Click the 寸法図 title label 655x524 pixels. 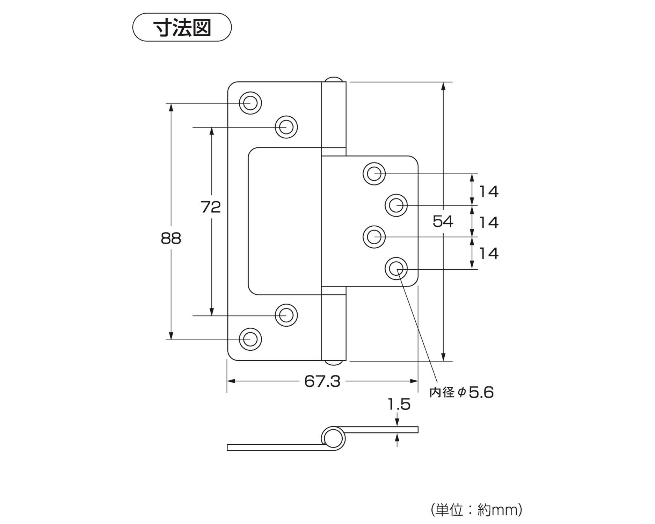click(182, 28)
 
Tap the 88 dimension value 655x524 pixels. click(171, 239)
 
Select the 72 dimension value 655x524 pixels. click(211, 207)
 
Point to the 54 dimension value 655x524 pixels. click(443, 221)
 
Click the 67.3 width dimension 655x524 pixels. click(322, 381)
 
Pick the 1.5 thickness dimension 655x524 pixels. click(399, 405)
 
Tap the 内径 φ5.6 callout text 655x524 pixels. click(461, 393)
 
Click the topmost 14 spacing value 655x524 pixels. click(488, 191)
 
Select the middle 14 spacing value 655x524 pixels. click(488, 223)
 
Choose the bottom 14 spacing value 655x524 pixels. click(488, 253)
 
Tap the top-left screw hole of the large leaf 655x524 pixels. click(250, 103)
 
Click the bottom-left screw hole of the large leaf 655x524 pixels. click(250, 339)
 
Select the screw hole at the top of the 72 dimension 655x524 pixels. click(286, 127)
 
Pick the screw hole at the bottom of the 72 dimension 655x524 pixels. click(286, 315)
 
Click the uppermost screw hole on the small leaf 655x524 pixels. click(374, 173)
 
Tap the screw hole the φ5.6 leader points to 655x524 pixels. click(396, 269)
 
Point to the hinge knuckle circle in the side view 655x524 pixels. click(333, 438)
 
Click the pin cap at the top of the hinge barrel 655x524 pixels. click(334, 79)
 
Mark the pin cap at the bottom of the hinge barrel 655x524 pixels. click(334, 363)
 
